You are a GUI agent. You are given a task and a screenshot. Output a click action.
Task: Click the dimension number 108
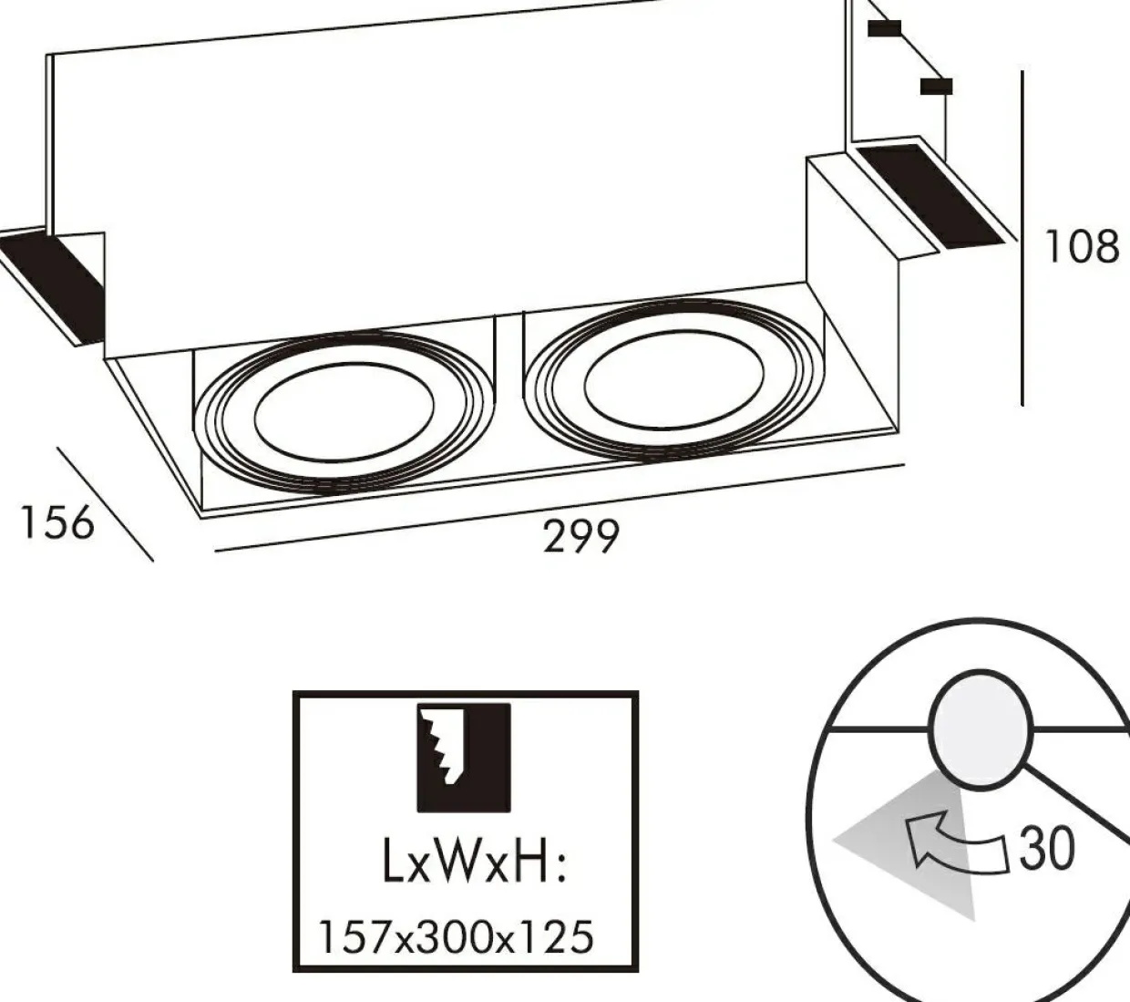[1081, 246]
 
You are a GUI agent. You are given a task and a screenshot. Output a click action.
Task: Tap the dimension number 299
[581, 536]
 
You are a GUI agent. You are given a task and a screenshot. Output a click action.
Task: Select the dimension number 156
[56, 522]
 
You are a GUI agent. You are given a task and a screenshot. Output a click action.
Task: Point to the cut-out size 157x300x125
[456, 936]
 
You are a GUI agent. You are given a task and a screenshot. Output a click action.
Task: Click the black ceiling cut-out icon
[464, 757]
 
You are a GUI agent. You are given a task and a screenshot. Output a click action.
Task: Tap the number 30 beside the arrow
[1047, 848]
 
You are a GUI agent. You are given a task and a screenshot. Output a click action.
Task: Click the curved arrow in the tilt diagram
[952, 843]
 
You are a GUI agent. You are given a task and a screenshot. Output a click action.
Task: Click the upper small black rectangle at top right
[884, 28]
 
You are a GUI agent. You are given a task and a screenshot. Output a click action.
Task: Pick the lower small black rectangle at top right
[936, 87]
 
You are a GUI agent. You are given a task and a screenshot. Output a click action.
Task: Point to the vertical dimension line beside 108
[1022, 237]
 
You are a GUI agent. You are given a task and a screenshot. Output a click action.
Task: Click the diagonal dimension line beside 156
[105, 503]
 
